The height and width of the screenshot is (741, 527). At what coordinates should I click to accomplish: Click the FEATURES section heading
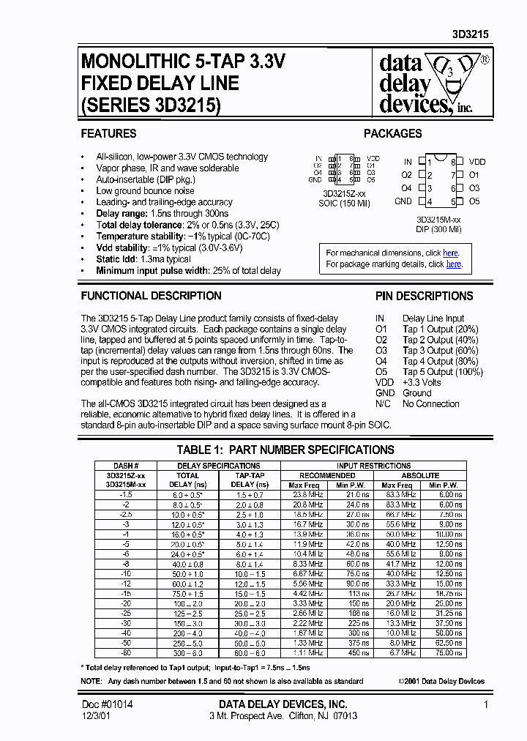(x=108, y=134)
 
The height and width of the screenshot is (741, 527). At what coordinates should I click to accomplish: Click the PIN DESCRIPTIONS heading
(x=424, y=297)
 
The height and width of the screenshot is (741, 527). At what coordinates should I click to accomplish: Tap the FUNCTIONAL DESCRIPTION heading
(x=151, y=297)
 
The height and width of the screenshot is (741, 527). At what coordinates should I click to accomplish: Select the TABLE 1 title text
(x=285, y=450)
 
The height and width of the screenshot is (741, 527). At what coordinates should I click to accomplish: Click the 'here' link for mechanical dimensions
(x=451, y=253)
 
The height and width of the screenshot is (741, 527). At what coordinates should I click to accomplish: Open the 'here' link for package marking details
(x=454, y=264)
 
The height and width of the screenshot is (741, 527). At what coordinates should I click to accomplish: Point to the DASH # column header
(x=126, y=466)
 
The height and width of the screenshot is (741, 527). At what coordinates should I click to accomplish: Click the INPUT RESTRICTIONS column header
(x=373, y=466)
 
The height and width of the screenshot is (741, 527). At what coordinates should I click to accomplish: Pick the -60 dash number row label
(x=126, y=652)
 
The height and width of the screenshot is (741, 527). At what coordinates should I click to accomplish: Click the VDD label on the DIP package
(x=477, y=162)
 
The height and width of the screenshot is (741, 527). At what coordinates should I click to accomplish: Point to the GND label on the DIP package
(x=403, y=201)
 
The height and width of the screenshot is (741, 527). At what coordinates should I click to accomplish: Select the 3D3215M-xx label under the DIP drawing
(x=438, y=219)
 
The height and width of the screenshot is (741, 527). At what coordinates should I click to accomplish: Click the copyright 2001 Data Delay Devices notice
(x=441, y=681)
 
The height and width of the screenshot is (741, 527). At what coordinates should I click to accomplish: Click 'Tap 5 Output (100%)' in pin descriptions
(x=443, y=372)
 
